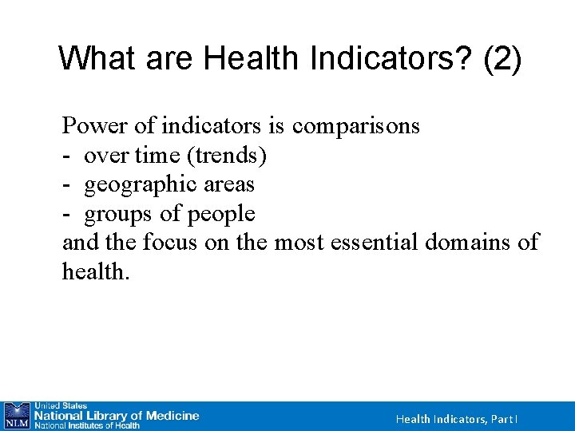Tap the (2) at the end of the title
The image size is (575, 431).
(502, 59)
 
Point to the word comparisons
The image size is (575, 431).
(356, 126)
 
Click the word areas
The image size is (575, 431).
(228, 185)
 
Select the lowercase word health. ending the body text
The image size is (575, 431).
(95, 272)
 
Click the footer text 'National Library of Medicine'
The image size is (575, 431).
(115, 416)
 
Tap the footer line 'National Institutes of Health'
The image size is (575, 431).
(86, 426)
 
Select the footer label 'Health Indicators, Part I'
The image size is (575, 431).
(458, 419)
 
